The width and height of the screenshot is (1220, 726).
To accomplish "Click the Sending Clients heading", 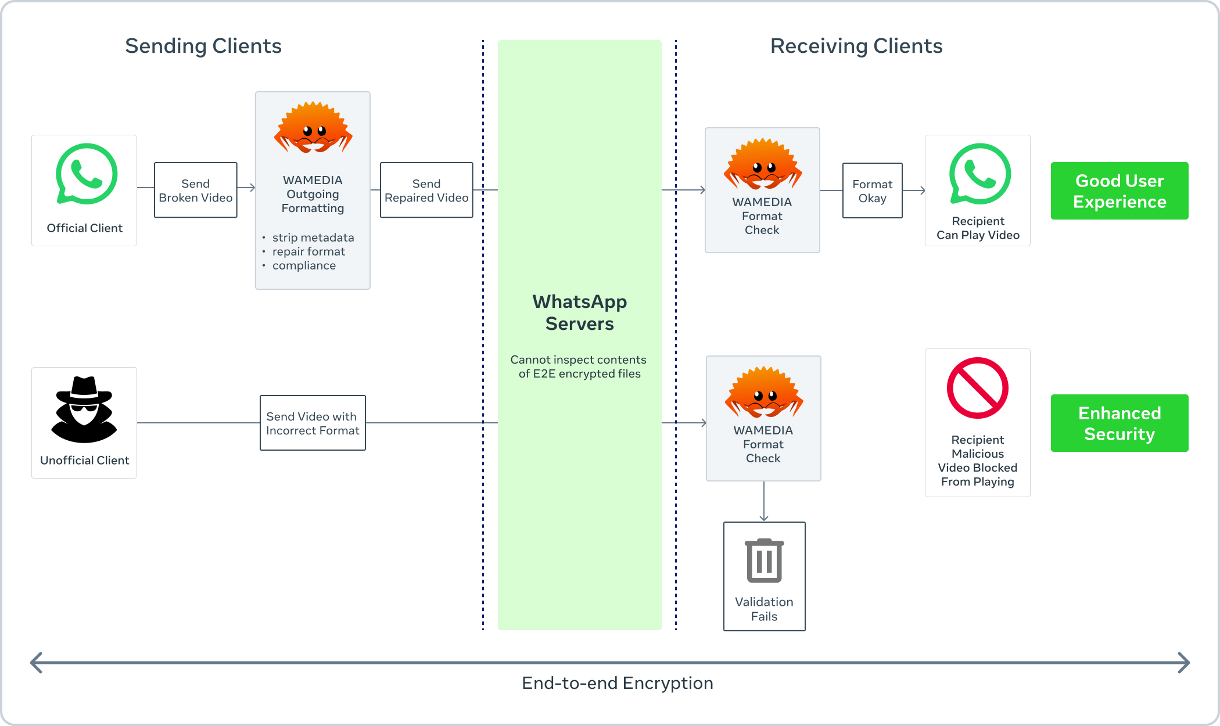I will click(203, 46).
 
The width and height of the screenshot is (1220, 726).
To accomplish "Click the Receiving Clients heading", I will click(856, 46).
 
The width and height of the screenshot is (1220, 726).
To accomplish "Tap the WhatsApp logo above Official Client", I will click(87, 174).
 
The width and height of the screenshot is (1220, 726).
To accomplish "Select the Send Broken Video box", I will click(195, 190).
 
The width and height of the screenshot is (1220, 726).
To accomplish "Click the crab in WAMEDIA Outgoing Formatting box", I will click(313, 128).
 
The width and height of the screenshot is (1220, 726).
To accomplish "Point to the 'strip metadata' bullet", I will click(313, 238).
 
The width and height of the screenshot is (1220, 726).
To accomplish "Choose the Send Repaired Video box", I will click(426, 190).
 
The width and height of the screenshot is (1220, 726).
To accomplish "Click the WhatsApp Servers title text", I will click(579, 312).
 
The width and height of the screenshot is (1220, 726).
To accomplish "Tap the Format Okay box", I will click(872, 191).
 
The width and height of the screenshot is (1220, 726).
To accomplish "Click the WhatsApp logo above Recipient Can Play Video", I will click(980, 174).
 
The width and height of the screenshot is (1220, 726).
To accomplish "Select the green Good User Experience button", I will click(1119, 191).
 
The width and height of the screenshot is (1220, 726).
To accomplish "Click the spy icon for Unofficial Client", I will click(84, 409).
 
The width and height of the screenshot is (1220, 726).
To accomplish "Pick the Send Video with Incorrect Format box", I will click(313, 423).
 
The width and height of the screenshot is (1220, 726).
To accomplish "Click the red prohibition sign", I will click(977, 388).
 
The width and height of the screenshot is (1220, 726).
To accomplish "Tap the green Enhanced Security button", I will click(1119, 423).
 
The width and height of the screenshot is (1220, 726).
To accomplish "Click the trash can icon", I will click(764, 560).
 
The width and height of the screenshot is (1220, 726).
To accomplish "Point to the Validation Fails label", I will click(764, 609).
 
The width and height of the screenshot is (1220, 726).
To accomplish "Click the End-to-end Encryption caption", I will click(617, 683).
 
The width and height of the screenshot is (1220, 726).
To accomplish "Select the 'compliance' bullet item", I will click(304, 265).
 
